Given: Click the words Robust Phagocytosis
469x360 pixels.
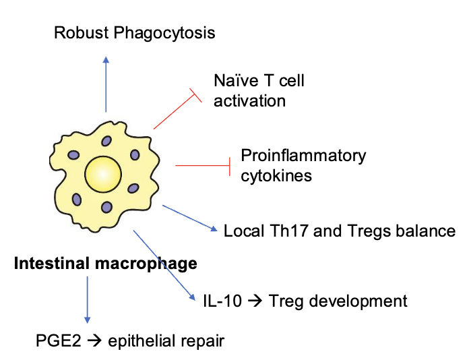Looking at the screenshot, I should [x=135, y=32].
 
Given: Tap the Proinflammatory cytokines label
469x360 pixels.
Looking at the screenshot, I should [x=303, y=166].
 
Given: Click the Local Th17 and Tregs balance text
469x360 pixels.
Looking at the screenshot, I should [x=340, y=231].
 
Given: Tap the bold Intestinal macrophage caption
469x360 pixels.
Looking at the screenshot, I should [x=106, y=264].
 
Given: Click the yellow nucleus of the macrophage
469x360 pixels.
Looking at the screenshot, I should [x=106, y=175].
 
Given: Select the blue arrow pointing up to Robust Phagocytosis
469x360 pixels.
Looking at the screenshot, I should [x=106, y=84].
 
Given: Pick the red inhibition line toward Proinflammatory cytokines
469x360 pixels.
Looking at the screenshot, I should [x=203, y=164].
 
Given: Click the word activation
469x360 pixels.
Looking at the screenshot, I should [x=250, y=101].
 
